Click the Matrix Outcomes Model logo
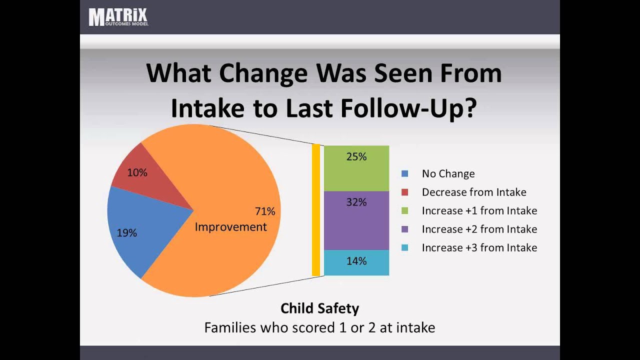pos(118,17)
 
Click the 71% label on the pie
pos(264,211)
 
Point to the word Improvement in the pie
pos(230,227)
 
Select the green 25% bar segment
pos(356,168)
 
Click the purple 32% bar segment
pos(356,220)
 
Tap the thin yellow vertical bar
pos(315,210)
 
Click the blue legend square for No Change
pos(405,174)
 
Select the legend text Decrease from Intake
pos(473,192)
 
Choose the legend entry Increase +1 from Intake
pos(479,211)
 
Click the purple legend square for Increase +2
pos(405,229)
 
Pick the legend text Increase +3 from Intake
pos(479,248)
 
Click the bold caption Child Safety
pos(319,308)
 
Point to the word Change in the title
pos(263,73)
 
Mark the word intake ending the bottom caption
pos(414,328)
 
